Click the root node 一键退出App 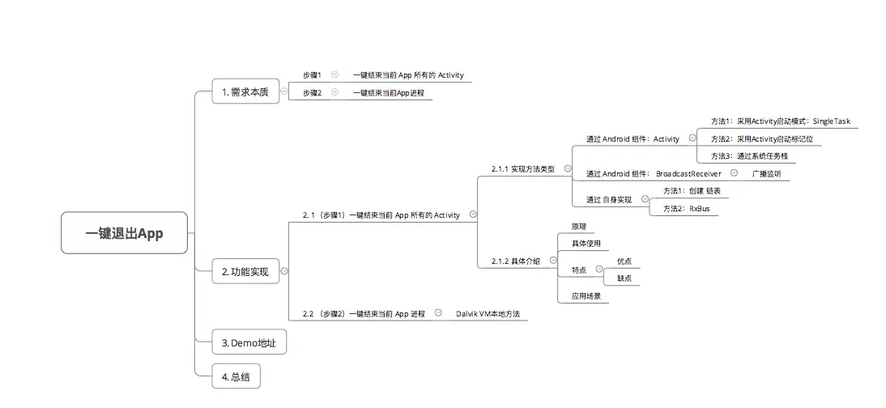pos(124,233)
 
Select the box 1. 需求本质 pos(246,91)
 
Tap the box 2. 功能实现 pos(246,271)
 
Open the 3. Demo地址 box pos(249,342)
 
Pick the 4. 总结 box pos(236,376)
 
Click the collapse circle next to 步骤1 pos(334,74)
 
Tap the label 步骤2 pos(312,92)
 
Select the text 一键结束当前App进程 pos(388,92)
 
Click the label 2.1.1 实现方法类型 pos(522,168)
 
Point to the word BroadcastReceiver pos(688,173)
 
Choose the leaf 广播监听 pos(767,173)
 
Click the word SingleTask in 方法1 pos(831,121)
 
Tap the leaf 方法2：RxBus pos(687,209)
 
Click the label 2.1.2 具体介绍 pos(515,261)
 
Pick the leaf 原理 pos(579,226)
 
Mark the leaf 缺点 pos(624,278)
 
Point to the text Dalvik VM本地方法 pos(488,313)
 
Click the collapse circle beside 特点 pos(599,269)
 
